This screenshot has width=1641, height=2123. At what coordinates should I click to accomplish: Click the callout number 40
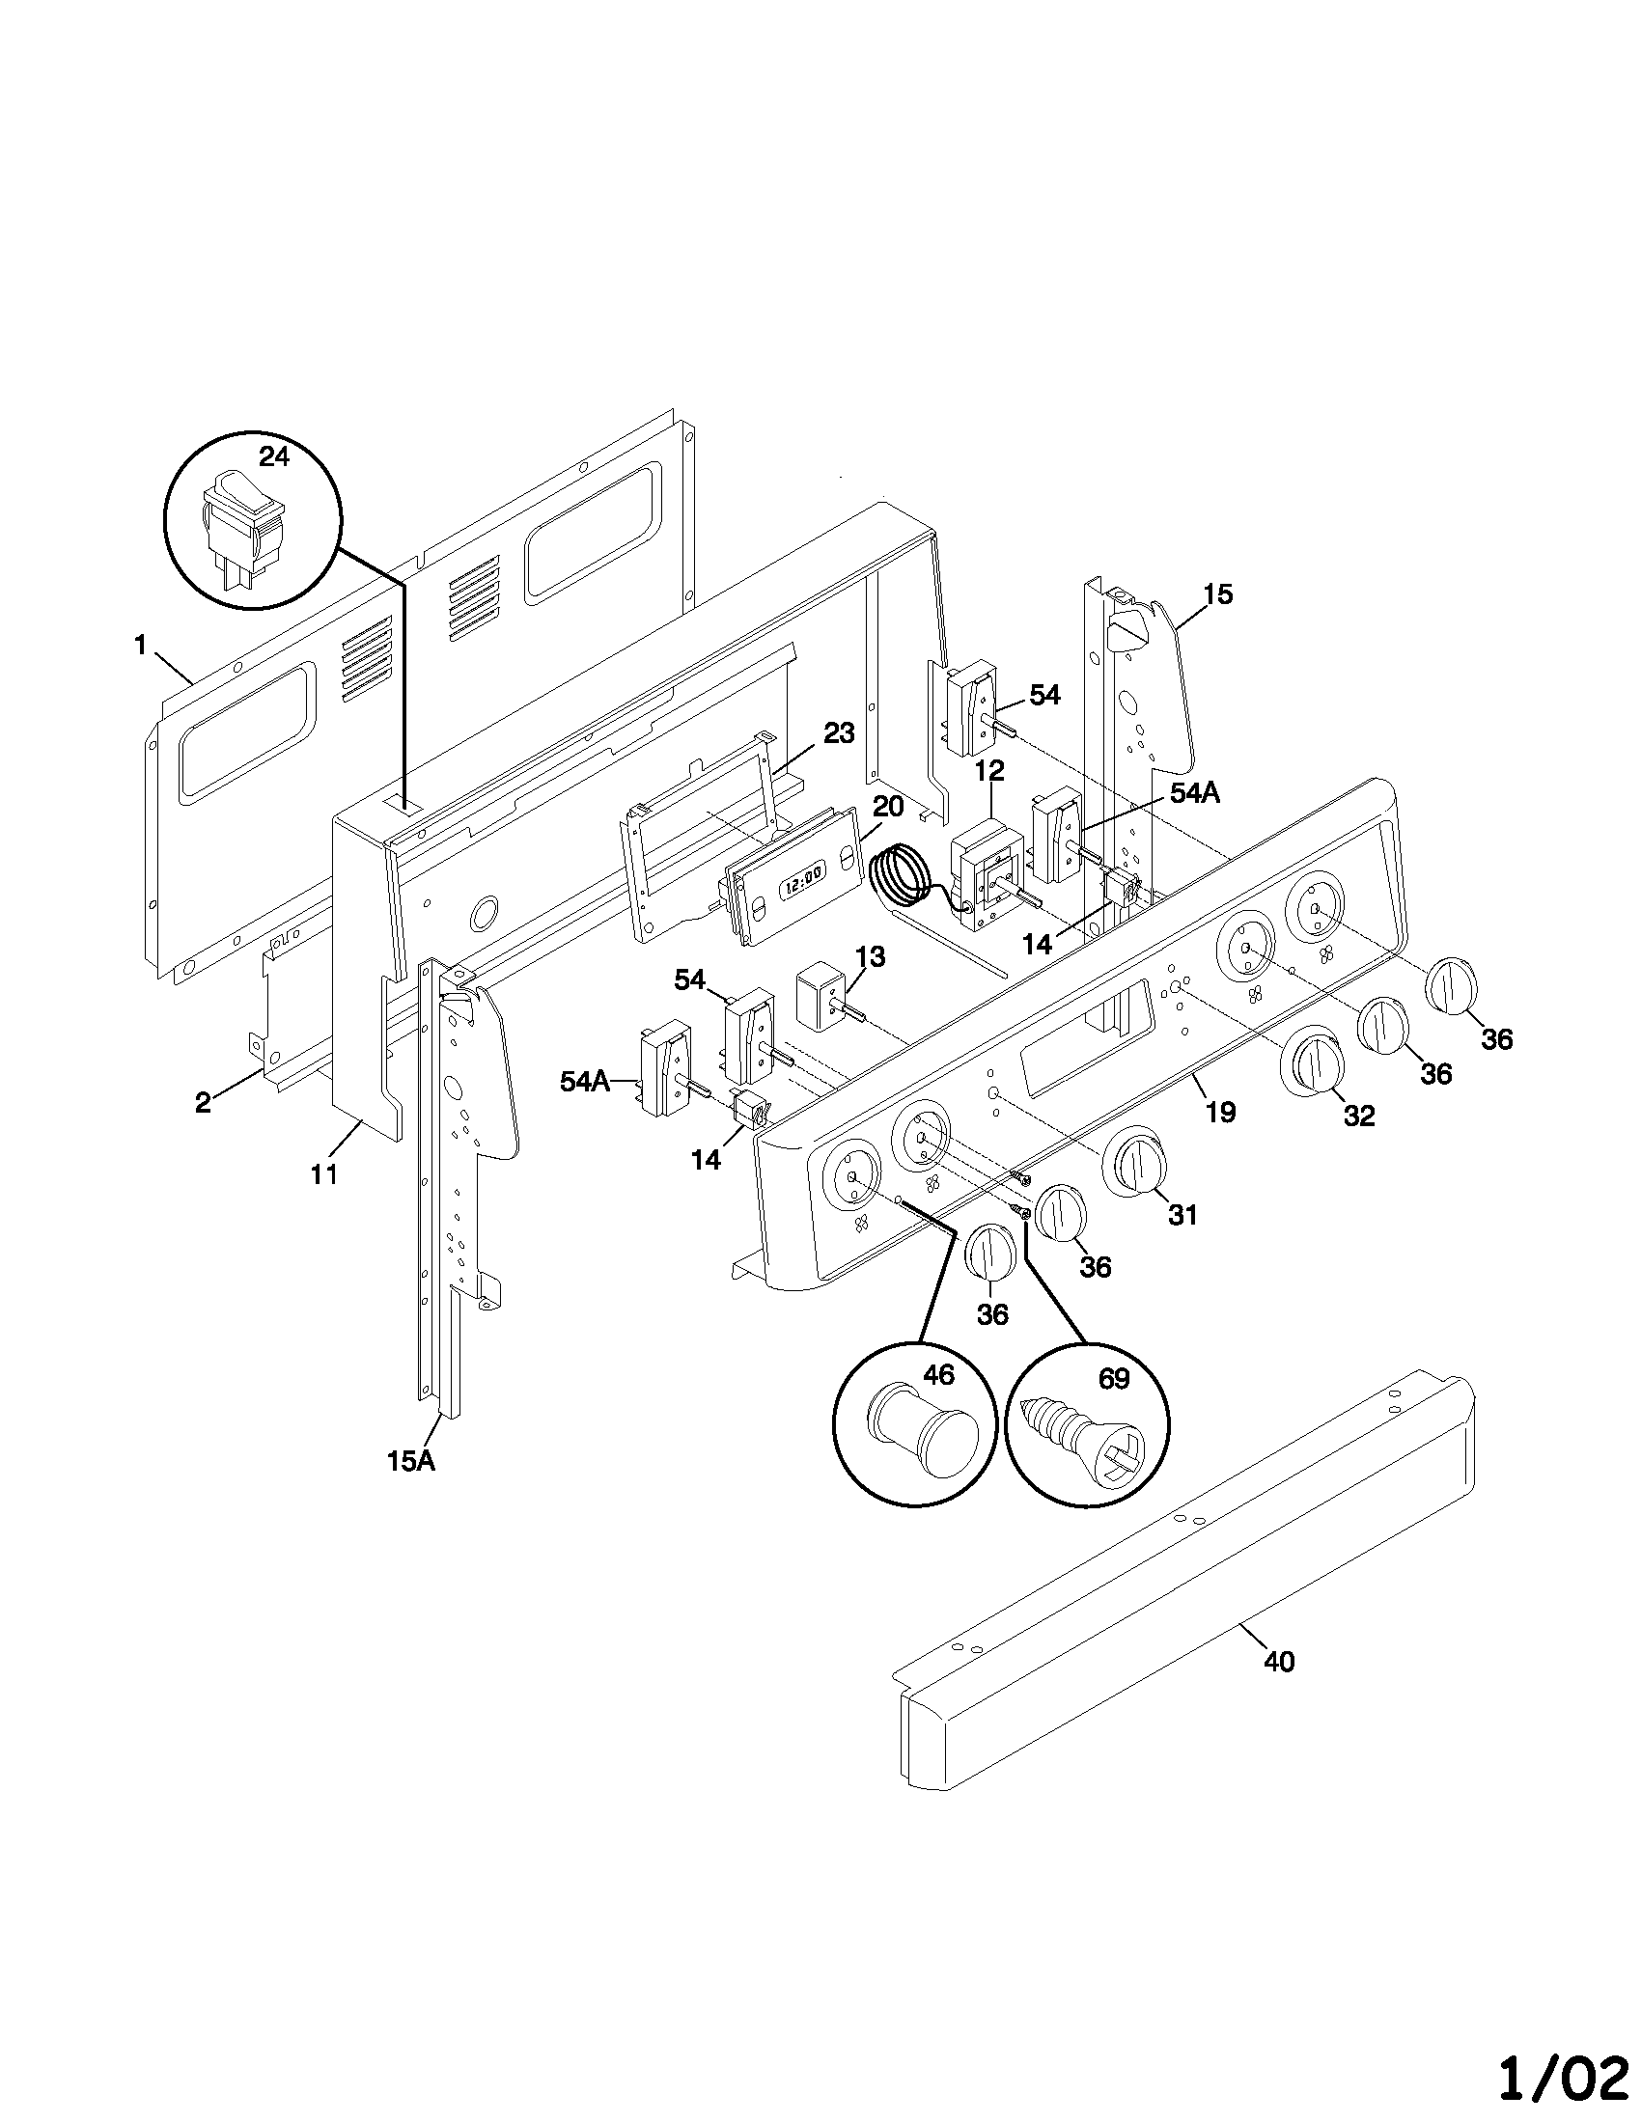click(1279, 1663)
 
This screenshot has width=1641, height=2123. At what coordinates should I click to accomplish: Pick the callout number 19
click(1221, 1112)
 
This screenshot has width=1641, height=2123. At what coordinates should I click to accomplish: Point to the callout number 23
click(839, 733)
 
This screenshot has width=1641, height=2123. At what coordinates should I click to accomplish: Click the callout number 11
click(323, 1174)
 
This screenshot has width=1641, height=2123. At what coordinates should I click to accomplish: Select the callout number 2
click(202, 1102)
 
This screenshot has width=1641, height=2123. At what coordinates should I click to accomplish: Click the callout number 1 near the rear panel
click(141, 645)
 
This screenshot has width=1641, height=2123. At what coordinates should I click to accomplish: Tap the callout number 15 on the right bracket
click(1217, 593)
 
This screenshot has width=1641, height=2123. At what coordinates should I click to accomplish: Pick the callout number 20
click(887, 806)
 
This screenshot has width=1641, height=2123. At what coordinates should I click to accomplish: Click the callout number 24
click(274, 455)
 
